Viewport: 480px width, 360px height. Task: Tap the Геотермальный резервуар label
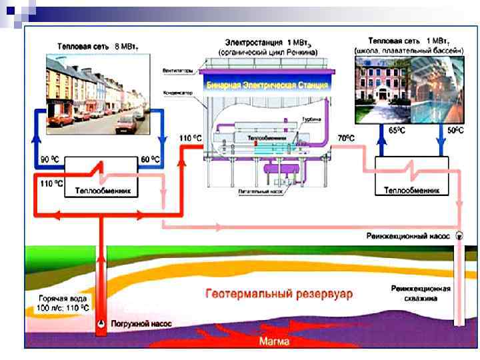[279, 293]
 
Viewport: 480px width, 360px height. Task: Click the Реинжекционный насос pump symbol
[459, 235]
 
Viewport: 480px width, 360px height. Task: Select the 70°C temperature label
[346, 138]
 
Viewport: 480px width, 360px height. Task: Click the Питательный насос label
[259, 189]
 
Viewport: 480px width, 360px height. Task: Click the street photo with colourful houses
[97, 93]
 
